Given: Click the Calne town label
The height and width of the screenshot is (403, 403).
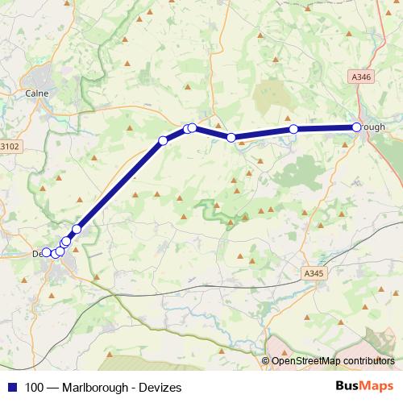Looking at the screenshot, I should [x=37, y=93].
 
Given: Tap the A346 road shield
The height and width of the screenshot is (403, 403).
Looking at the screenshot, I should [x=362, y=77].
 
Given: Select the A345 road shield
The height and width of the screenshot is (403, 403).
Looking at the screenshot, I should [x=316, y=274].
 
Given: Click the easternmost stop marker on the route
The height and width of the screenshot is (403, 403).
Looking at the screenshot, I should [x=356, y=127].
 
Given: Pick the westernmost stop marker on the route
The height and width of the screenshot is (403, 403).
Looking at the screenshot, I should [x=46, y=252].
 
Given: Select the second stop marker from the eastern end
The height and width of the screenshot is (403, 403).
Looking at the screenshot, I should [x=293, y=129].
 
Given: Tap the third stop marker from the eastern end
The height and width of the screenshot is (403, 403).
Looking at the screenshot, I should [x=231, y=138].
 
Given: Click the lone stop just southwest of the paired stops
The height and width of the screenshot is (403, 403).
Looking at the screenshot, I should [x=163, y=141].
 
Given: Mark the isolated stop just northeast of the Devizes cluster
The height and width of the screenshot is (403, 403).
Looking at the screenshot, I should [x=77, y=229].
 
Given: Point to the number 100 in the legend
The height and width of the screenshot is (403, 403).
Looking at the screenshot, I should [x=33, y=388].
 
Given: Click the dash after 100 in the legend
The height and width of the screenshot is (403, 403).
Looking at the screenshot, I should [x=51, y=388].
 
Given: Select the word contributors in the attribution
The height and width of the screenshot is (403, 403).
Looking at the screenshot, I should [x=369, y=361].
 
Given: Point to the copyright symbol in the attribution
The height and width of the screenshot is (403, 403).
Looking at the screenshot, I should [x=267, y=361].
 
